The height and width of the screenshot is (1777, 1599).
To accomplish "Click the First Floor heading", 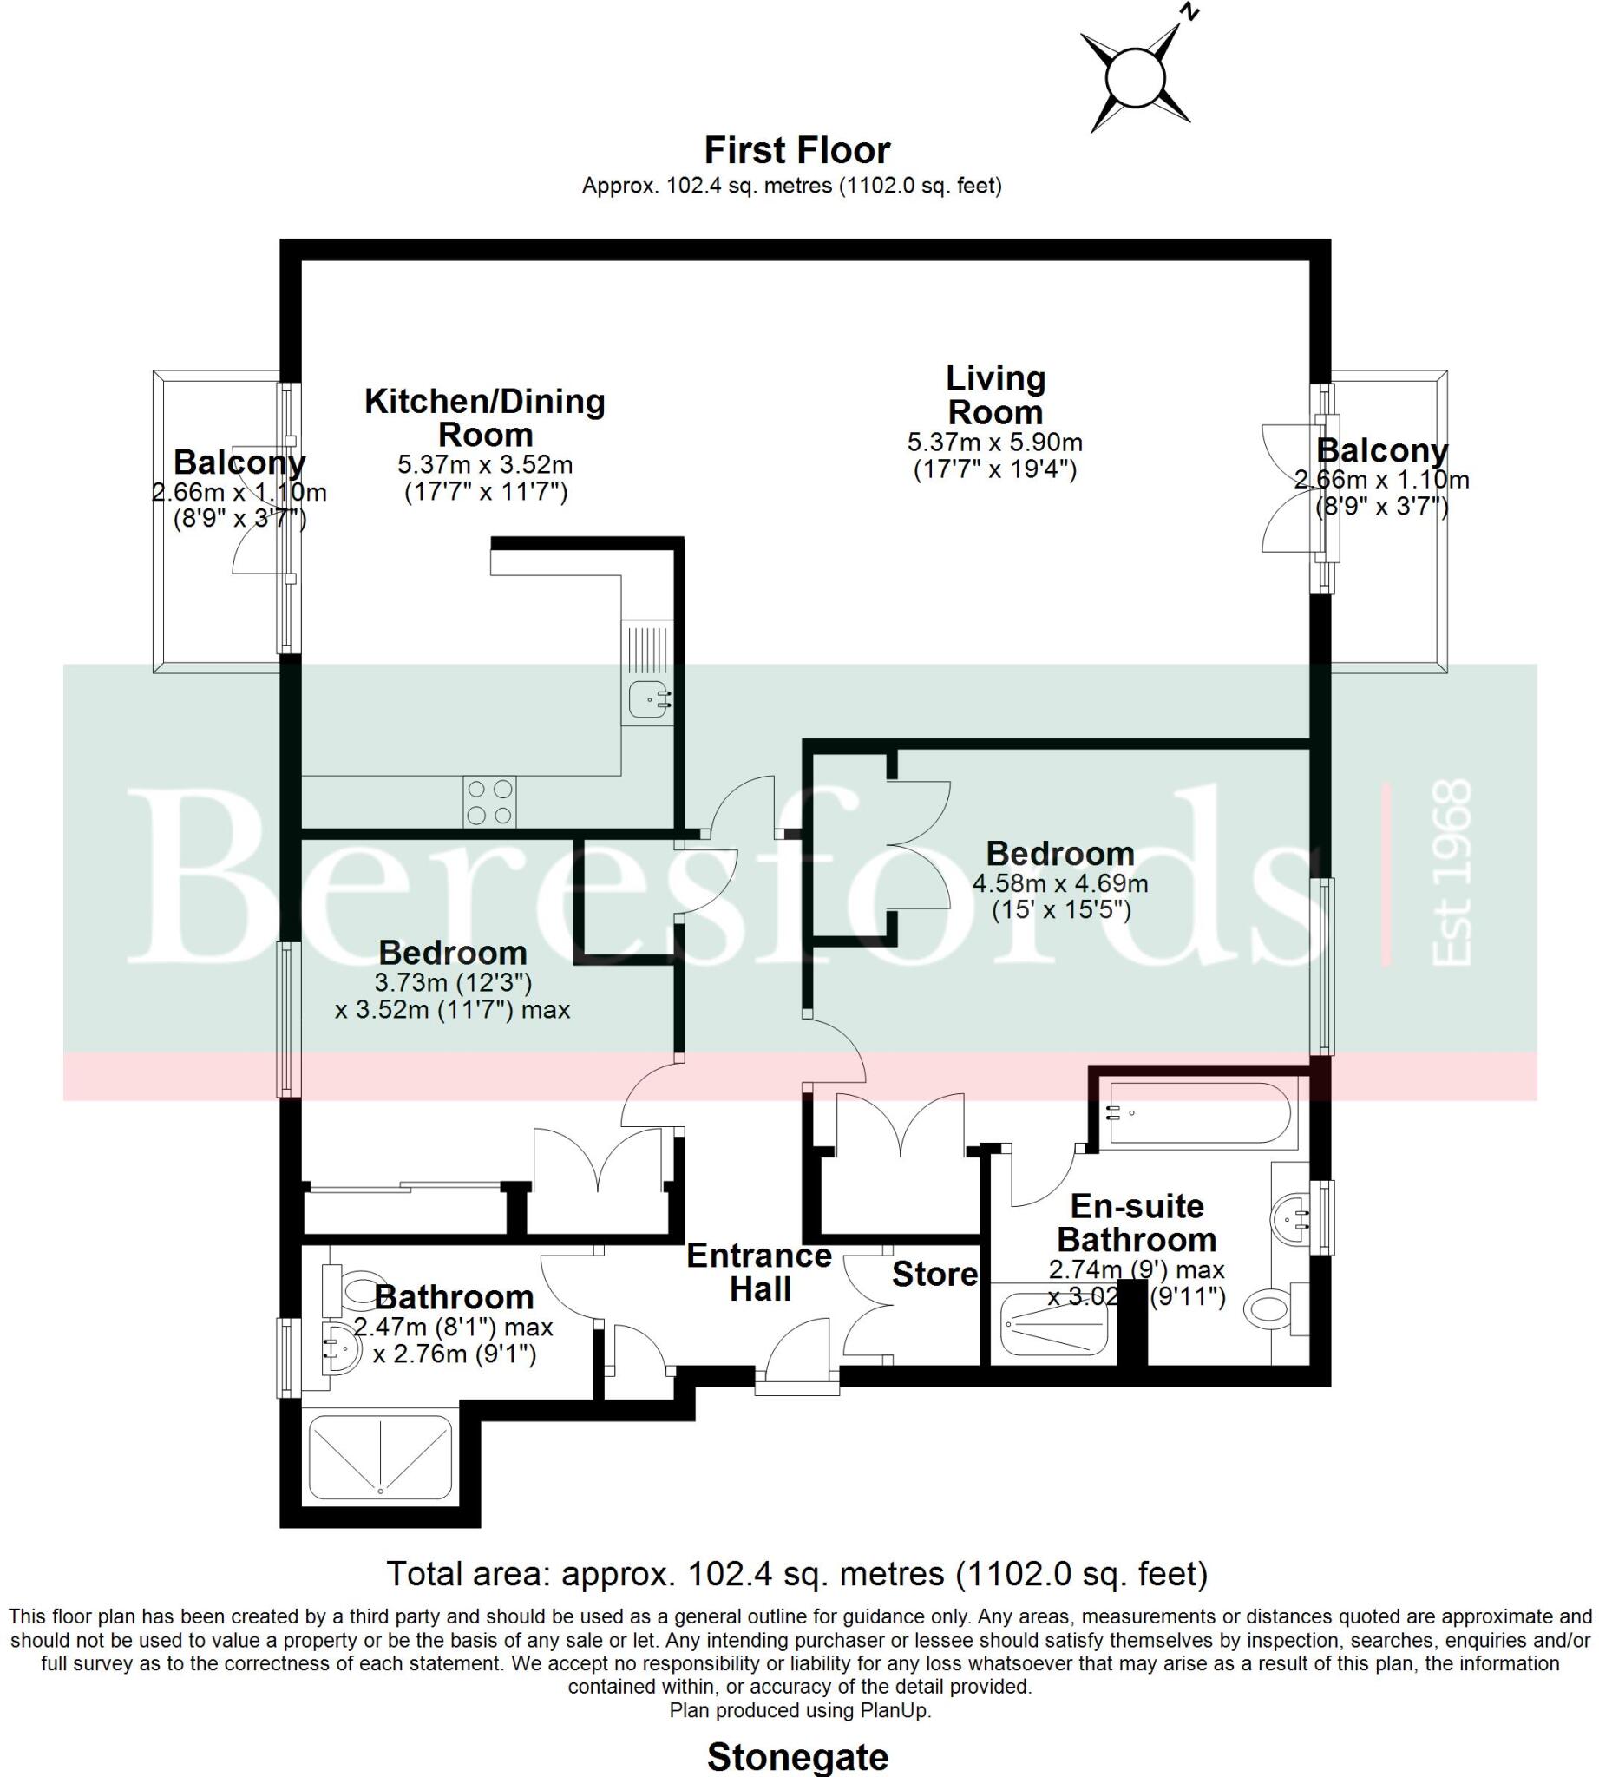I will tap(796, 150).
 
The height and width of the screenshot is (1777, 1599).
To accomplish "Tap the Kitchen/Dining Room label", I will tap(485, 417).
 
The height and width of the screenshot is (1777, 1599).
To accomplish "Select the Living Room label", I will tap(994, 395).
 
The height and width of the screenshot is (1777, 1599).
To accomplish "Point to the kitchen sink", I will tap(649, 699).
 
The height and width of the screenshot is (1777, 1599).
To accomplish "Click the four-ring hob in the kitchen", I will tap(490, 802).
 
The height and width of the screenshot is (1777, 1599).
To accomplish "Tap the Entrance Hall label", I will tap(760, 1272).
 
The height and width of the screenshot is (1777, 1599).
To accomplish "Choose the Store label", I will tap(934, 1274).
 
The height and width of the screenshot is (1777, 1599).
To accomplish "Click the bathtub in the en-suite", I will tap(1200, 1112).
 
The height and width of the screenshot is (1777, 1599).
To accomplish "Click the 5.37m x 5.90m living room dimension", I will tap(994, 442).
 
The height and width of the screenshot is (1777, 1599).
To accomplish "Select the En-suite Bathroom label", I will tap(1136, 1223).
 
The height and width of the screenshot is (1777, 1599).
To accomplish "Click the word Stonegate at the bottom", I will tap(797, 1757).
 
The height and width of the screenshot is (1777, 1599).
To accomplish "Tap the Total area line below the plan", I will tap(796, 1572).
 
